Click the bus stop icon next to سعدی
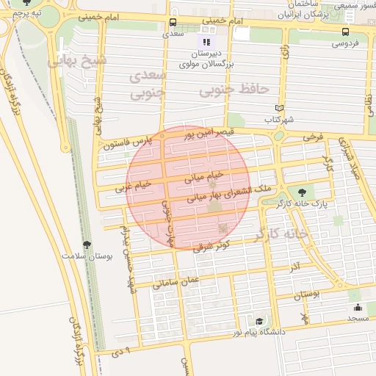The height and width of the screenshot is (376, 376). (173, 22)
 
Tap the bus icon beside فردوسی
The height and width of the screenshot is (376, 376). (345, 32)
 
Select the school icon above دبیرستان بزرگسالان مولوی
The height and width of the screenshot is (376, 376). (206, 42)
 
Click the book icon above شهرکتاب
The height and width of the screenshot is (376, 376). (278, 108)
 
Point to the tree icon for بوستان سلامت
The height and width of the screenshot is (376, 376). (87, 244)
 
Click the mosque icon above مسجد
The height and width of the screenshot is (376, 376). (358, 307)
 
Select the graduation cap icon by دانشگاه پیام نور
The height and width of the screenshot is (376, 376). (258, 322)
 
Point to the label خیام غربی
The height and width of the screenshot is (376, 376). (133, 186)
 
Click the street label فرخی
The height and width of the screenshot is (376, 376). (311, 137)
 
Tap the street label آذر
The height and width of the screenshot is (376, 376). (294, 264)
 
